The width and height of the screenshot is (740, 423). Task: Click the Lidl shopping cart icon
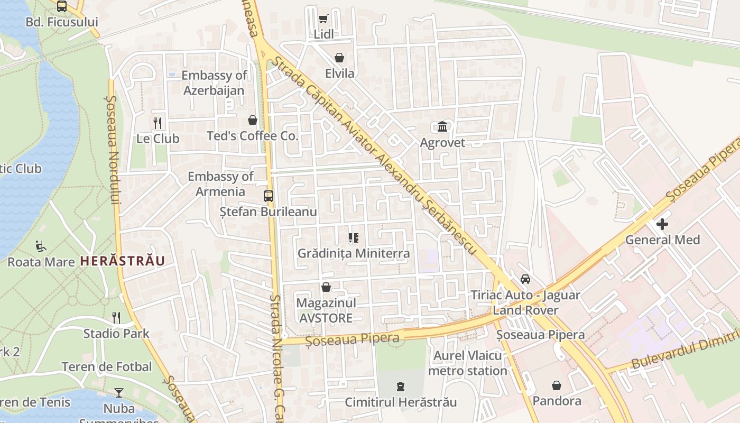(323, 19)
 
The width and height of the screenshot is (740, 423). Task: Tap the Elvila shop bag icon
(339, 58)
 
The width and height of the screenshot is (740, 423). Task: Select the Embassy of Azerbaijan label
(214, 83)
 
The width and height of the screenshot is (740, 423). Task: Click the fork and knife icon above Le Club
(158, 123)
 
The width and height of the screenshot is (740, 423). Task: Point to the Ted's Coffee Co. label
(253, 136)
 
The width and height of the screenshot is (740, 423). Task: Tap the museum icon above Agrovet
(442, 127)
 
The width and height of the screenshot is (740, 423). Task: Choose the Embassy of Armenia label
(220, 184)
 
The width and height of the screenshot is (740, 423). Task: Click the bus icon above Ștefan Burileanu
(269, 196)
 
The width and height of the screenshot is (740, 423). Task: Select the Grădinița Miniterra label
(354, 253)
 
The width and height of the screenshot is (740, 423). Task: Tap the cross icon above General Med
(662, 224)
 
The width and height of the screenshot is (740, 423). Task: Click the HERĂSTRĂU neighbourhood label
(122, 261)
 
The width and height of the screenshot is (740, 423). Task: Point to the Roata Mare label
(41, 262)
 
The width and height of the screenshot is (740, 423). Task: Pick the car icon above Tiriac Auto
(525, 279)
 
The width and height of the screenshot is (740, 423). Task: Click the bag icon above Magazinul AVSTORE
(326, 287)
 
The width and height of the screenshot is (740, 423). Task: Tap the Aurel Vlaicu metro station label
(467, 363)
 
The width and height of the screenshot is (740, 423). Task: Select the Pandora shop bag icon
(556, 385)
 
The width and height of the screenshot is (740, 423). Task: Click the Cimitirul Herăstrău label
(401, 402)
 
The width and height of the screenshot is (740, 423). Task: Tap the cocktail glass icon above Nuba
(119, 393)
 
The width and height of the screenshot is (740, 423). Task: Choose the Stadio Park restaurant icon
(116, 318)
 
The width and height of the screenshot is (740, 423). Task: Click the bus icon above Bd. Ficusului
(62, 6)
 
